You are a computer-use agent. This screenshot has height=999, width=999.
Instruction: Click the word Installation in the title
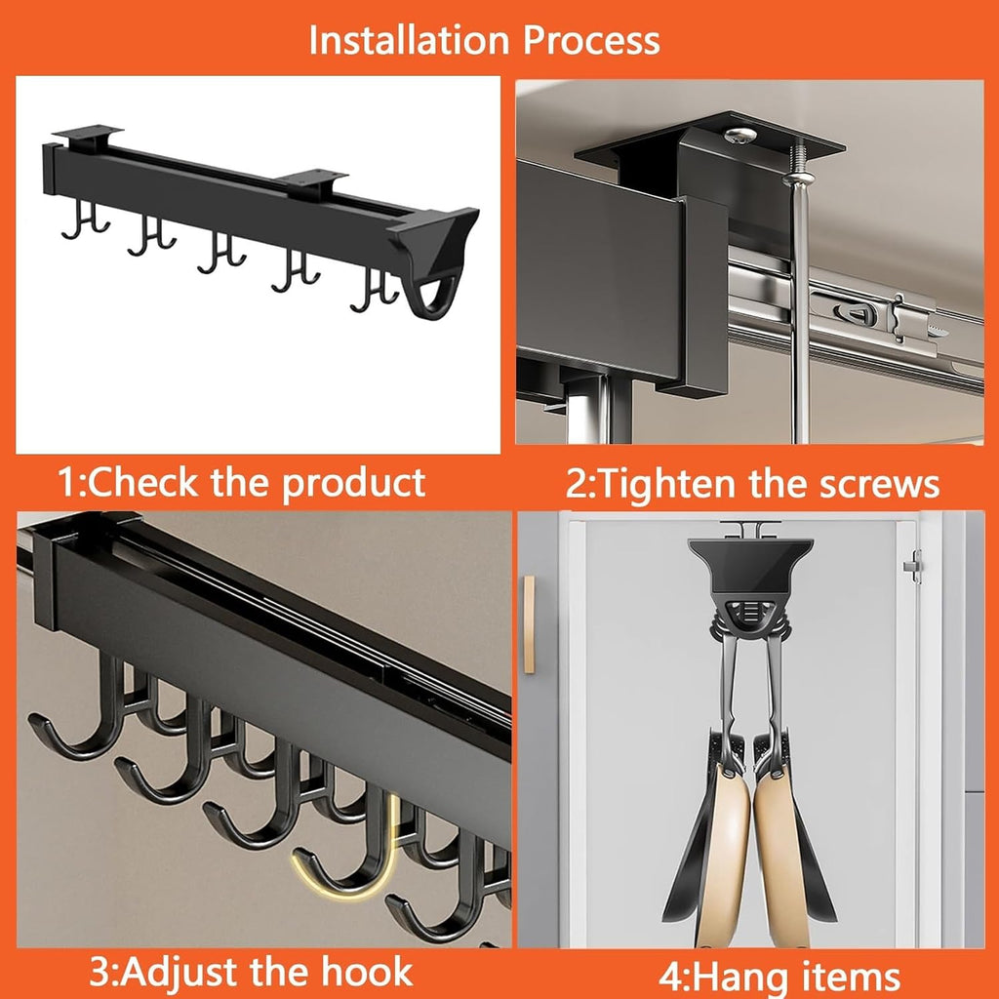click(x=409, y=40)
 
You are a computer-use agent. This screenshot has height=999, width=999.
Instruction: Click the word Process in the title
click(x=591, y=40)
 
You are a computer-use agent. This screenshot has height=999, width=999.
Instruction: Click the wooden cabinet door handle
click(x=528, y=624)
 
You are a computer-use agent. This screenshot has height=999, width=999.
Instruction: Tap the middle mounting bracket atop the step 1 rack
click(x=314, y=180)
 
